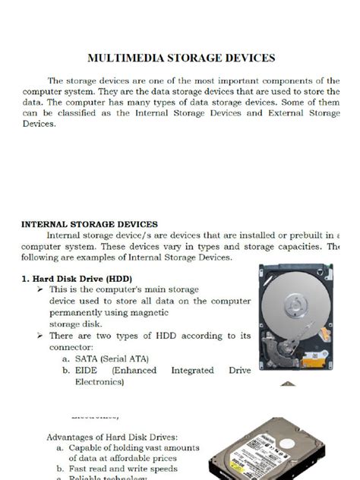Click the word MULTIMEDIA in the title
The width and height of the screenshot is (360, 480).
[x=122, y=58]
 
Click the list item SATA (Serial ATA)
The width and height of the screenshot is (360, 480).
[x=112, y=358]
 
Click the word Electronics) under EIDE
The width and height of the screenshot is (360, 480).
[x=99, y=382]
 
